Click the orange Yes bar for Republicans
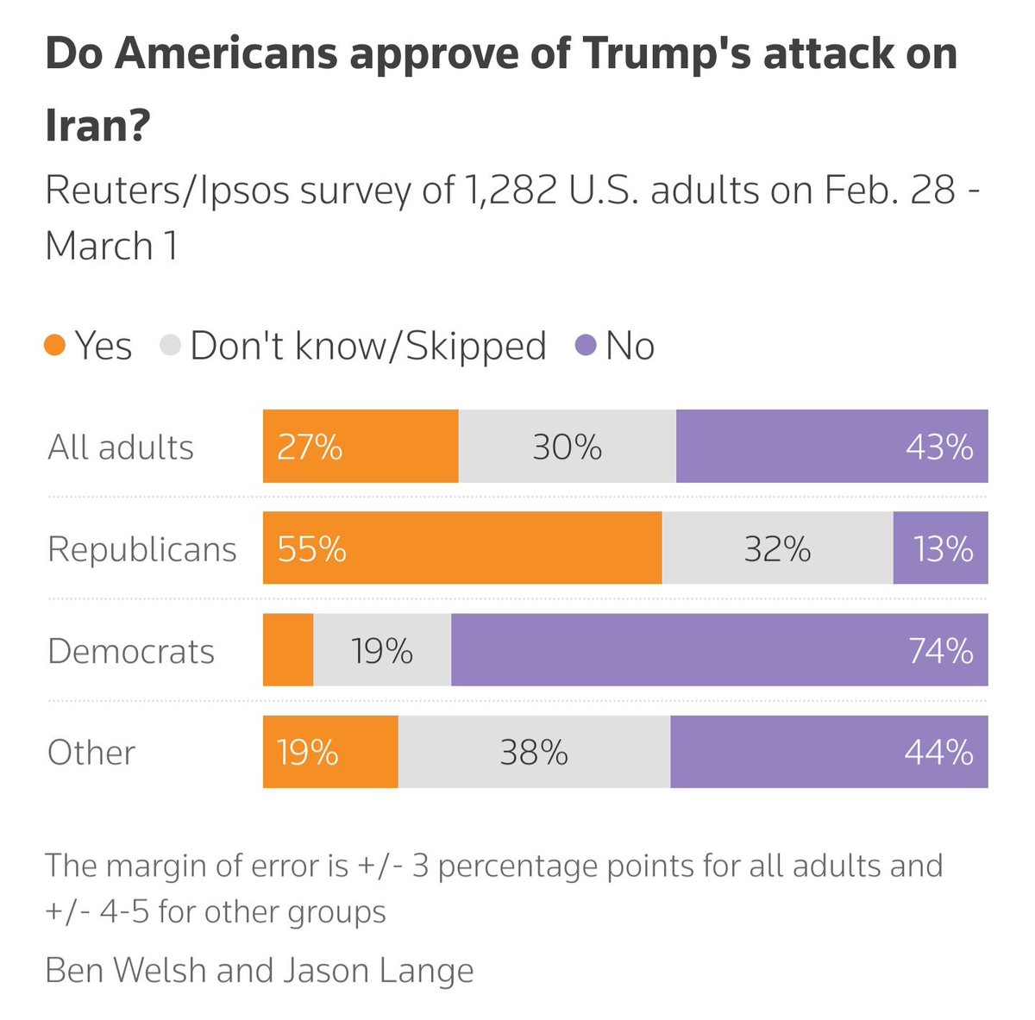click(x=461, y=548)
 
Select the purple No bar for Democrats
click(x=718, y=650)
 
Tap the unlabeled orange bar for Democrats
click(x=288, y=650)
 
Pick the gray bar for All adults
click(x=567, y=447)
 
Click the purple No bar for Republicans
click(x=940, y=548)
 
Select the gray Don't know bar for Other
click(x=534, y=752)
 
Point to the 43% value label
click(x=938, y=447)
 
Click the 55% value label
click(x=311, y=549)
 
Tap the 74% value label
click(x=940, y=651)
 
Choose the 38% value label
click(x=534, y=753)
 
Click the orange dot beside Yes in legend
click(x=55, y=347)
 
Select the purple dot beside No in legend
click(x=586, y=347)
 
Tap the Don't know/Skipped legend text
click(x=367, y=346)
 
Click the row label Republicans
click(x=141, y=549)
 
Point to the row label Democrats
click(x=131, y=651)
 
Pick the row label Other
click(x=91, y=753)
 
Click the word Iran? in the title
click(x=97, y=126)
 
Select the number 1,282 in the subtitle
click(x=508, y=191)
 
